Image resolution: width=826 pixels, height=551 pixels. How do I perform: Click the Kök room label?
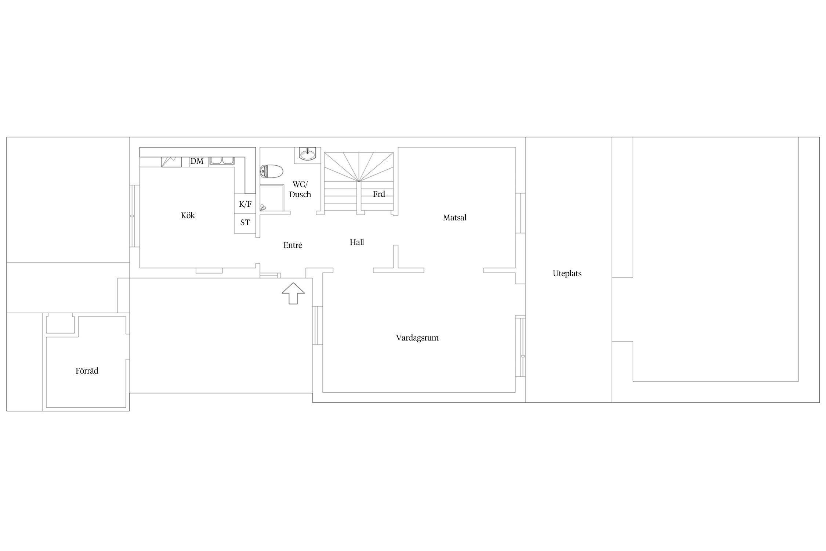coord(188,216)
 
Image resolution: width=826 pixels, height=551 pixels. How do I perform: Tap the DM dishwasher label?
coord(197,161)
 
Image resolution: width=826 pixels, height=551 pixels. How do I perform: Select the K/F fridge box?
coord(245,204)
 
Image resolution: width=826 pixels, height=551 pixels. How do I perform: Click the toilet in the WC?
coord(271,171)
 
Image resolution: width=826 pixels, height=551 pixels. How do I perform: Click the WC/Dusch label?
coord(300,189)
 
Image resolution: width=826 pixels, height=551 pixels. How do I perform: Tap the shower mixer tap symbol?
coord(262,208)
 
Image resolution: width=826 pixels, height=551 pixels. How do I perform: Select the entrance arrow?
coord(293,293)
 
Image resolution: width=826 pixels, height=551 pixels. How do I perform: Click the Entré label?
coord(293,245)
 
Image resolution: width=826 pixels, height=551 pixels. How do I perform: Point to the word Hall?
coord(357,242)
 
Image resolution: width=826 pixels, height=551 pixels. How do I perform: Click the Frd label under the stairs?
coord(379,194)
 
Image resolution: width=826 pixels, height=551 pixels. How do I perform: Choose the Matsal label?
coord(454,218)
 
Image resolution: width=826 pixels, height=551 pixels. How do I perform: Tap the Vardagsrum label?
coord(417,338)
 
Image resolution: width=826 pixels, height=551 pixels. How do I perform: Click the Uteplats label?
coord(567,274)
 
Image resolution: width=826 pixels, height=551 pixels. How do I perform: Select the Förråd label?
coord(87,371)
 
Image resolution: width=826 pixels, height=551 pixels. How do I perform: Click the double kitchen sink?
coord(222,161)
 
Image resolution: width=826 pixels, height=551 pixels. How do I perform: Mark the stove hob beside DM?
coord(171,162)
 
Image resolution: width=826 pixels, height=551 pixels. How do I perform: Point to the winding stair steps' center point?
coord(359,181)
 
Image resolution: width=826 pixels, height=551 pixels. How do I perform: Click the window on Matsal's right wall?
coord(520,213)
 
